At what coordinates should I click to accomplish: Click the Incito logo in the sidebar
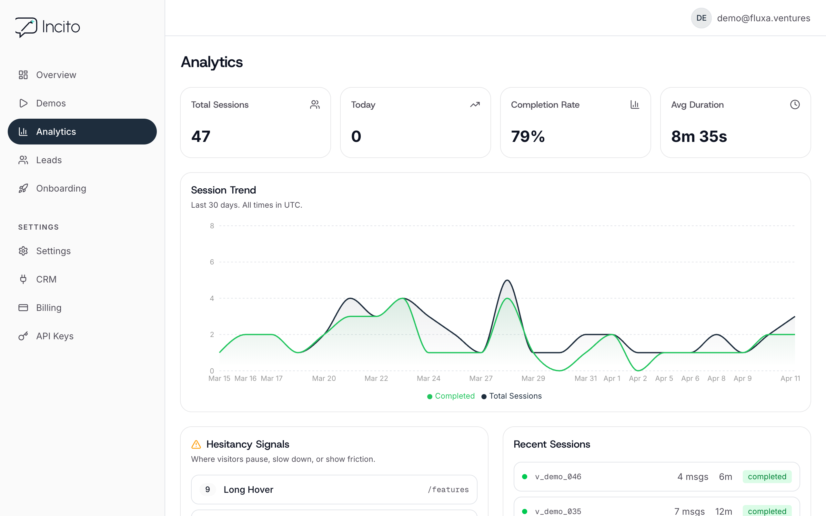click(47, 27)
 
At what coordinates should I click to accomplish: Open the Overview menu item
click(56, 75)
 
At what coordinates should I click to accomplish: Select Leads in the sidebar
click(49, 160)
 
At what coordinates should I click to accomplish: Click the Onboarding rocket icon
click(23, 188)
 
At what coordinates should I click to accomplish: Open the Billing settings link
click(49, 308)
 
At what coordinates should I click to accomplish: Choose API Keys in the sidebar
click(55, 336)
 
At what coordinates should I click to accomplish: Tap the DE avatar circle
click(701, 18)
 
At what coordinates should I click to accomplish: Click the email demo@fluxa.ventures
click(763, 18)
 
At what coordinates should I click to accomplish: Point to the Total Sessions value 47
click(201, 136)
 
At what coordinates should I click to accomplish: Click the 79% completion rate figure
click(528, 136)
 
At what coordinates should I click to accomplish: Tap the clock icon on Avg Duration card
click(795, 104)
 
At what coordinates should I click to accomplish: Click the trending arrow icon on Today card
click(475, 104)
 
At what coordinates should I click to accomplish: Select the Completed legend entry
click(451, 396)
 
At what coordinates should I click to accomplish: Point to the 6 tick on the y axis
click(212, 262)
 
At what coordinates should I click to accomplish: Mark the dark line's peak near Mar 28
click(507, 280)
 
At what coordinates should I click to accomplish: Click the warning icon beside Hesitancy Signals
click(196, 444)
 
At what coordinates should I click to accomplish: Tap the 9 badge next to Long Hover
click(207, 489)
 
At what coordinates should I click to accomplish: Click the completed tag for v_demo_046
click(767, 477)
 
